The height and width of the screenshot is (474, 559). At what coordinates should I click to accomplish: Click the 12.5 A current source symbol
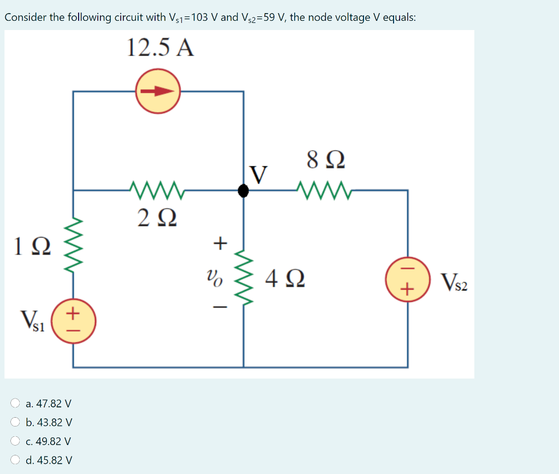pos(158,92)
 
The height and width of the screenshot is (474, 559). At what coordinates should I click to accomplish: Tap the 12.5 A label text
pos(160,48)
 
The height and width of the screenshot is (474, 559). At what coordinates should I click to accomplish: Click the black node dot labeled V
pos(243,191)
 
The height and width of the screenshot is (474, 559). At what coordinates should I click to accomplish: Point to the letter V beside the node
pos(259,175)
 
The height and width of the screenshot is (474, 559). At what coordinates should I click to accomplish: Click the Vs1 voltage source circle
pos(74,323)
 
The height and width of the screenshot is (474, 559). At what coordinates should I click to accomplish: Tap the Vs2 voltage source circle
pos(407,279)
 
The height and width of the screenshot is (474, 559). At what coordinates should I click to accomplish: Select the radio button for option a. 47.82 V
pos(16,404)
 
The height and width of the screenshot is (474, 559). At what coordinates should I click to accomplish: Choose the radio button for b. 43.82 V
pos(16,422)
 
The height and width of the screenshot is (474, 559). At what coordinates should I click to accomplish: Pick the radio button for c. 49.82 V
pos(16,441)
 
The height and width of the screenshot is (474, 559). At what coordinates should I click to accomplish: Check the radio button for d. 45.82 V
pos(16,460)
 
